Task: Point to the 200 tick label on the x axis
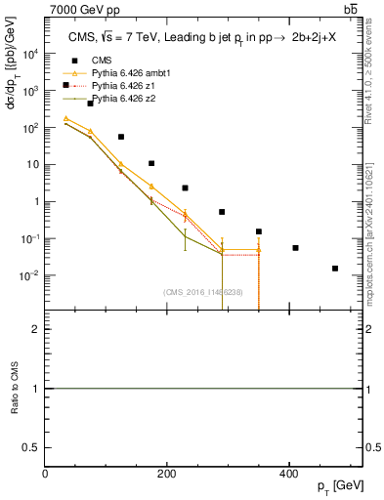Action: tap(167, 474)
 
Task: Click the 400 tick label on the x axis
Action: tap(288, 474)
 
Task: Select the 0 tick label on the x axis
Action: tap(46, 474)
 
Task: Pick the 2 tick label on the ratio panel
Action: tap(36, 329)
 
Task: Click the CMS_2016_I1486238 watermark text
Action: tap(203, 291)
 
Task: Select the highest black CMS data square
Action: tap(91, 104)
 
